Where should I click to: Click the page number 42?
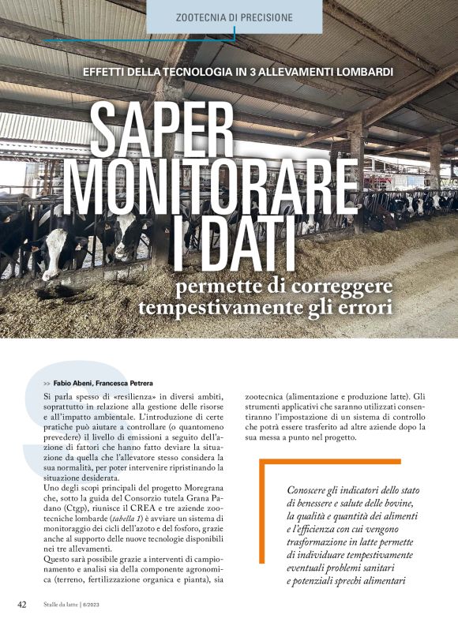click(x=23, y=605)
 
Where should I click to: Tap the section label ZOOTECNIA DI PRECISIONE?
click(x=235, y=17)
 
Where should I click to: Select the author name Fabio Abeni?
click(x=73, y=383)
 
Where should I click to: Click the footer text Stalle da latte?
click(x=66, y=605)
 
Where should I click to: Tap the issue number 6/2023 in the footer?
click(x=111, y=605)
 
